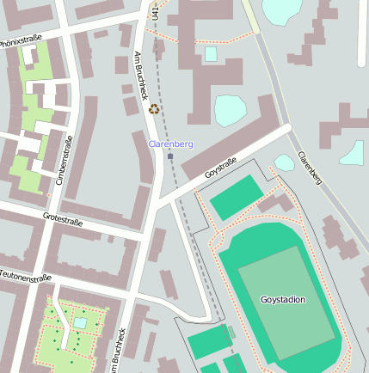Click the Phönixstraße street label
point(22,40)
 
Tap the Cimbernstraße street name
point(62,160)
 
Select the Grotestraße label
point(62,220)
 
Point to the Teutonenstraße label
point(26,277)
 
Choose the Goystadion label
point(282,300)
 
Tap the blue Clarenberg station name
point(170,144)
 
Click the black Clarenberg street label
point(310,168)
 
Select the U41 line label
point(156,10)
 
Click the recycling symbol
point(154,109)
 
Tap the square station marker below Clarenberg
point(170,156)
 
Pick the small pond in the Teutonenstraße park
point(80,322)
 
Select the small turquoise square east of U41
point(211,54)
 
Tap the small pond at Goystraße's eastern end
point(284,162)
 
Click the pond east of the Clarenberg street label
point(352,153)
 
